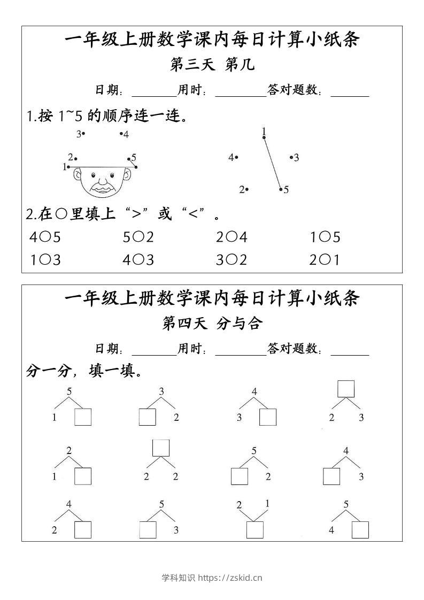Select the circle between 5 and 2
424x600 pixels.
(x=134, y=237)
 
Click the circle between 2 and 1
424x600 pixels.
(x=321, y=260)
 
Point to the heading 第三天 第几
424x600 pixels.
(x=212, y=65)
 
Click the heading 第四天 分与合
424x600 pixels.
(x=212, y=324)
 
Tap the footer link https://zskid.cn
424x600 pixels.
(x=230, y=578)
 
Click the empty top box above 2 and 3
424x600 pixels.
(x=346, y=389)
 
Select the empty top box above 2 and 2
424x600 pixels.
(x=161, y=448)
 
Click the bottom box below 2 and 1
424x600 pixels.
(x=255, y=530)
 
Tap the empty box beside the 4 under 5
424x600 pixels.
(x=360, y=530)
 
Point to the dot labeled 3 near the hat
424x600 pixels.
(x=83, y=133)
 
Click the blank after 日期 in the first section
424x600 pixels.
(x=154, y=91)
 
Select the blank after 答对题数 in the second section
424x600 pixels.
(x=350, y=350)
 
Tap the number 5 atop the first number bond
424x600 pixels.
(x=69, y=391)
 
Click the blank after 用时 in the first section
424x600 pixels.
(x=240, y=91)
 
